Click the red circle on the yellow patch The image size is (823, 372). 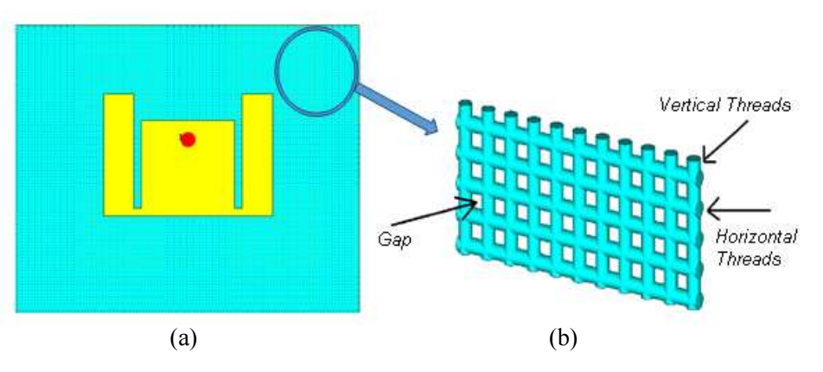point(188,139)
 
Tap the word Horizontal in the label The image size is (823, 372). point(756,237)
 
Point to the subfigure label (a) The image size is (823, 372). point(183,339)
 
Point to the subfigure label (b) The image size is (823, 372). point(563,339)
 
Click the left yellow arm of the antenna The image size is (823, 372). point(118,152)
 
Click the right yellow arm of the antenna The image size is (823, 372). point(258,152)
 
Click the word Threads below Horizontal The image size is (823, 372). point(749,259)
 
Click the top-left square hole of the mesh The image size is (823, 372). point(476,140)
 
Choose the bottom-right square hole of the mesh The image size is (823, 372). point(682,283)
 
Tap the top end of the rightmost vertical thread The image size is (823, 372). point(694,158)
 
